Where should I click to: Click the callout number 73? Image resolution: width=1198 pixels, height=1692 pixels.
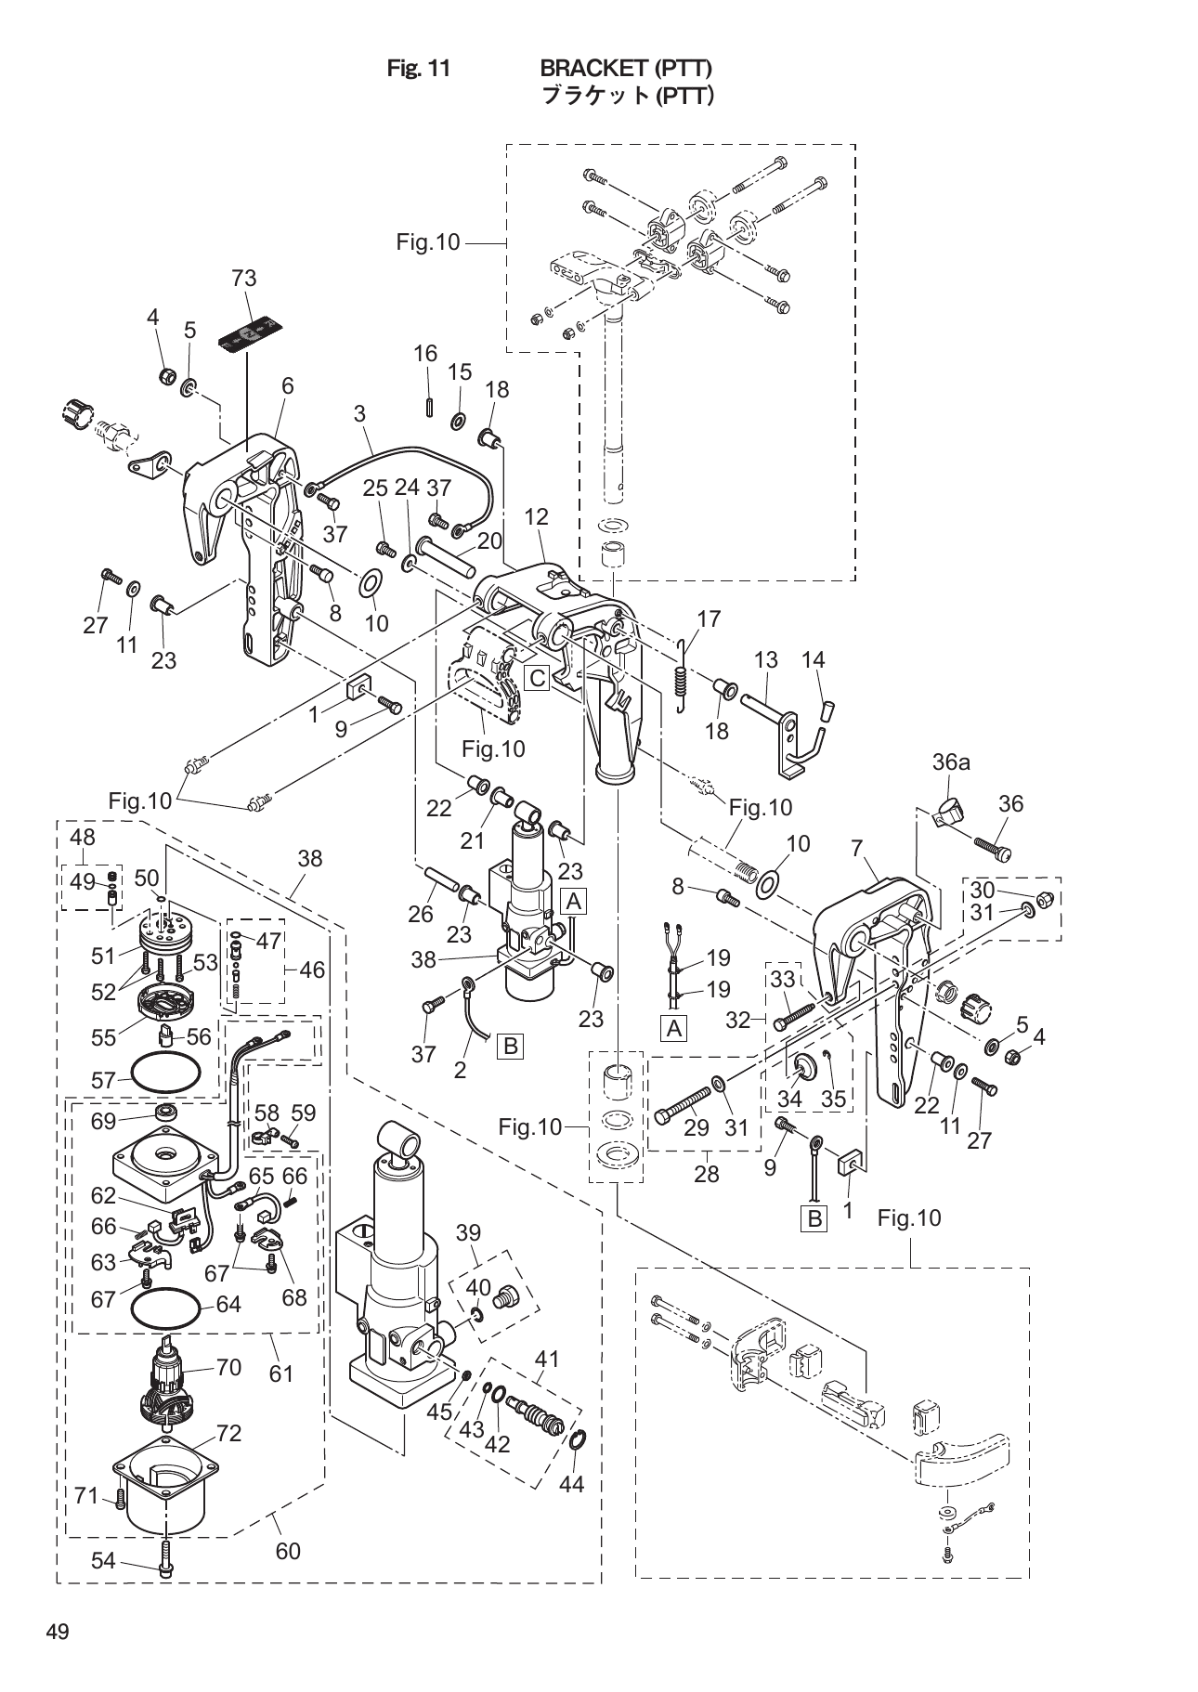point(244,279)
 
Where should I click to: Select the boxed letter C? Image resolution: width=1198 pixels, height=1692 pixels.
point(538,678)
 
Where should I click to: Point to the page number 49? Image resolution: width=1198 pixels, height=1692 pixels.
point(58,1633)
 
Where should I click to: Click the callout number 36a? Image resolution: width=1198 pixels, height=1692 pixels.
point(951,762)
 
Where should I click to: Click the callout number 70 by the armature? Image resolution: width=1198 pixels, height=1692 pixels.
point(228,1367)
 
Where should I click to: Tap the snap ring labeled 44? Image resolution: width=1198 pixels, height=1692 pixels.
point(576,1442)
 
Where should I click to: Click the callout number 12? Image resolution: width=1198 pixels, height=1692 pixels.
point(536,517)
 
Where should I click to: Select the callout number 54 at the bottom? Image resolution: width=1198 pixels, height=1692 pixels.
point(103,1561)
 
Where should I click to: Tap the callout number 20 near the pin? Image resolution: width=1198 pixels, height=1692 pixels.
point(489,540)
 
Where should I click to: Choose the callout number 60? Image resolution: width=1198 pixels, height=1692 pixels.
point(288,1550)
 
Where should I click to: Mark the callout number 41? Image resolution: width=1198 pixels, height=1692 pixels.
point(547,1360)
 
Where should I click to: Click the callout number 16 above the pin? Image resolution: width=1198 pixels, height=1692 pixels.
point(425,354)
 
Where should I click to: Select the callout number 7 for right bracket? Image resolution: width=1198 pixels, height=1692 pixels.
point(857,848)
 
